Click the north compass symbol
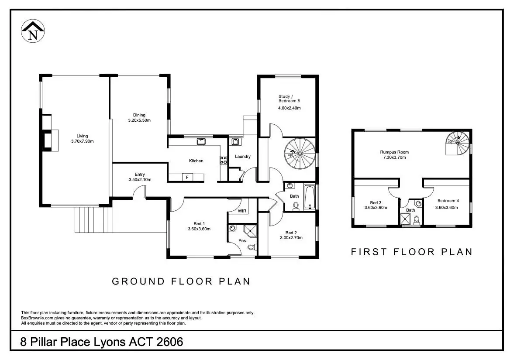tap(33, 31)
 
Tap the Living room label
tap(82, 136)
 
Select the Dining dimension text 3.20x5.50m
tap(139, 120)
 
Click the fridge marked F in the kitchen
tap(187, 178)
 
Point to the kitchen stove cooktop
tap(224, 160)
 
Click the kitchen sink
tap(201, 141)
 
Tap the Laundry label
tap(243, 157)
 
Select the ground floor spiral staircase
tap(300, 154)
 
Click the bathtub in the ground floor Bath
tap(310, 197)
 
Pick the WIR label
tap(242, 211)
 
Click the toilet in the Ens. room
tap(252, 247)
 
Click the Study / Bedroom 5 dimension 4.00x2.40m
tap(289, 108)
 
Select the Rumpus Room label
tap(394, 152)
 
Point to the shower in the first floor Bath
tap(405, 219)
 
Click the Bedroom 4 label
tap(448, 201)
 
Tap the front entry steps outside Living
tap(93, 220)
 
